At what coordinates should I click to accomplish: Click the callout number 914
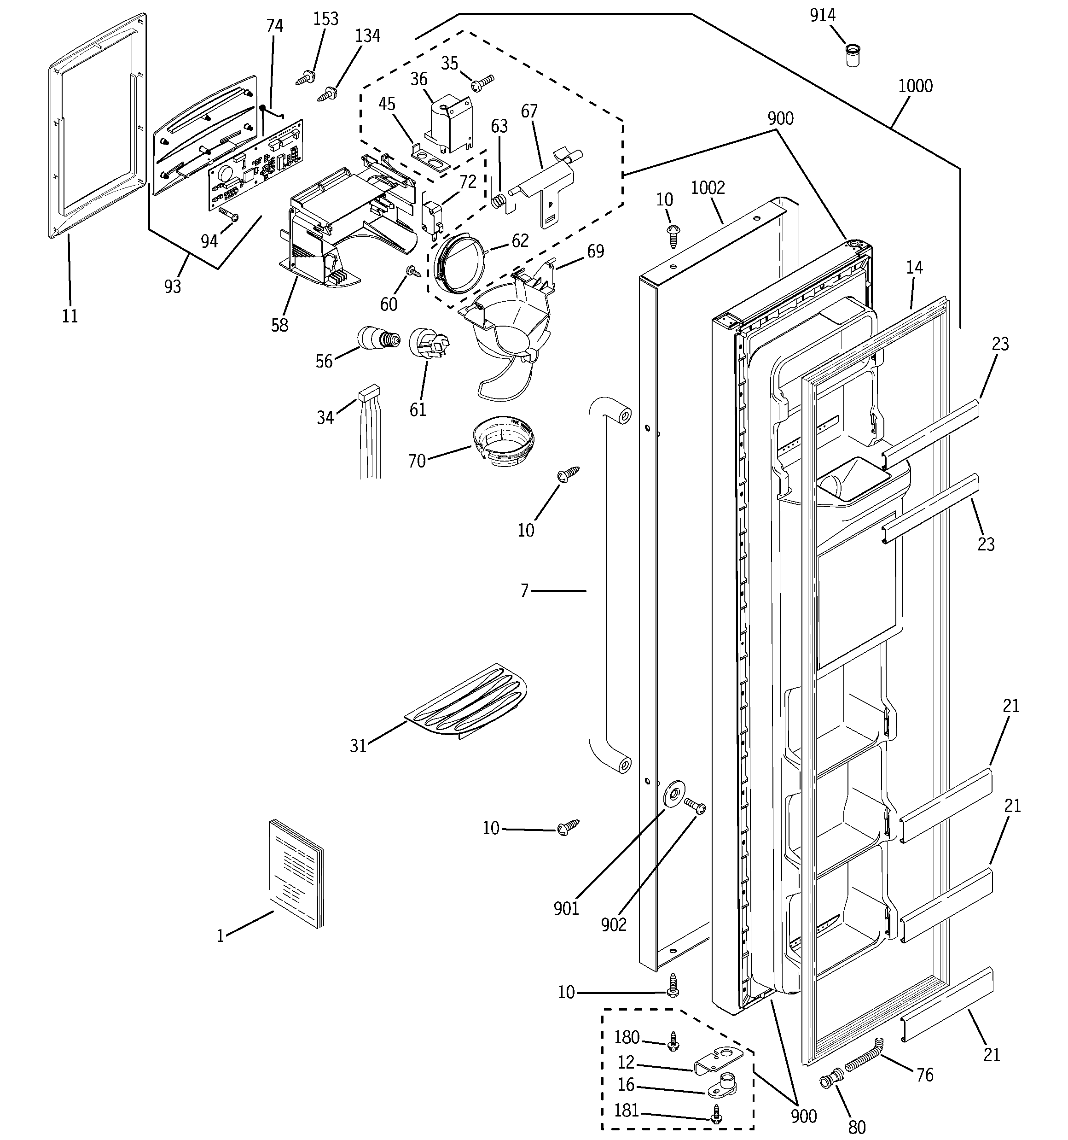click(822, 16)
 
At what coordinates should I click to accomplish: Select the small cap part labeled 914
click(853, 57)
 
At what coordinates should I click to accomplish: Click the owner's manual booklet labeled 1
click(296, 873)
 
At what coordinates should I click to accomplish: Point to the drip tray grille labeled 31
click(467, 702)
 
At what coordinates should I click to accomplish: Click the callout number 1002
click(708, 188)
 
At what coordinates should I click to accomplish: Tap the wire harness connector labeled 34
click(369, 396)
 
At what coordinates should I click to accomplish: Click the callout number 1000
click(915, 87)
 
